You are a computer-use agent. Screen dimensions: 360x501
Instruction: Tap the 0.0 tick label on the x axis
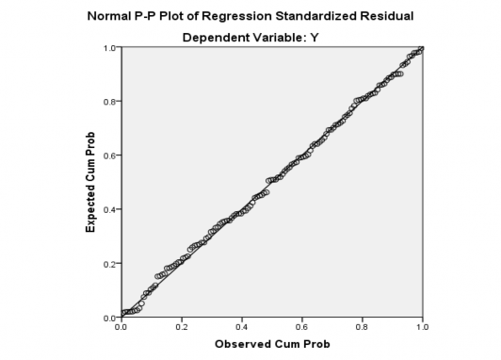(121, 326)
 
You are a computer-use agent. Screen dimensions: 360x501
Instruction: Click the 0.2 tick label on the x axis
(182, 326)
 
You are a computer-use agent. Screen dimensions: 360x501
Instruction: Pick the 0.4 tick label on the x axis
(242, 326)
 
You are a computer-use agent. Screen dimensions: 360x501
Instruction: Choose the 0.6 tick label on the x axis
(302, 326)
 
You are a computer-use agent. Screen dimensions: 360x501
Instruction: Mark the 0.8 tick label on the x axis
(363, 326)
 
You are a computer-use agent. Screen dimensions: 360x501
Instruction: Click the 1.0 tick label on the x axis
(422, 326)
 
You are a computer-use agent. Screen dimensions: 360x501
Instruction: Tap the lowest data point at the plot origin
(123, 315)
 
